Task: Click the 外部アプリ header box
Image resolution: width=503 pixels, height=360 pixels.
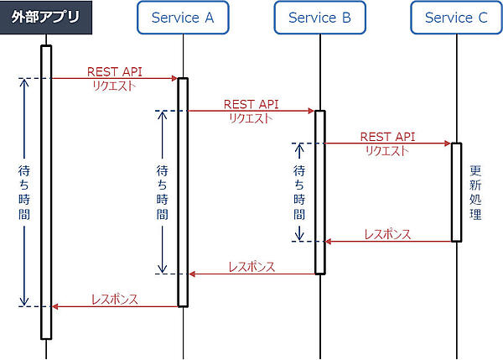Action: pyautogui.click(x=46, y=18)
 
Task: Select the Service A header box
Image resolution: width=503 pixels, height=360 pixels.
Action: pyautogui.click(x=183, y=18)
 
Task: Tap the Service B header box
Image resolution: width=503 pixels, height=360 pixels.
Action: pyautogui.click(x=319, y=18)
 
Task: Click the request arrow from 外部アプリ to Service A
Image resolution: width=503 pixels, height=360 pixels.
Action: pyautogui.click(x=114, y=78)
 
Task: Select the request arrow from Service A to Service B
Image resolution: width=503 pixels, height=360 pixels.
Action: pyautogui.click(x=251, y=111)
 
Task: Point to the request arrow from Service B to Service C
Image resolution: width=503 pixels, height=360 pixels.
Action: pyautogui.click(x=387, y=143)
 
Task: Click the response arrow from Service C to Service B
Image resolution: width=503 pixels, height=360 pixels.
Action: pyautogui.click(x=388, y=242)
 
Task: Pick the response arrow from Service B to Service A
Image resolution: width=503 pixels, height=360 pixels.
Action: pyautogui.click(x=251, y=274)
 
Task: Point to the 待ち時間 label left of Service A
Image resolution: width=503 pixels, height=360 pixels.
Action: pyautogui.click(x=162, y=191)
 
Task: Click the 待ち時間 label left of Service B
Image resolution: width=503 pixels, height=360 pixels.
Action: pyautogui.click(x=299, y=191)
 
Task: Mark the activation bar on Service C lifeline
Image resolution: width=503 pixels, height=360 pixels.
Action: pyautogui.click(x=457, y=192)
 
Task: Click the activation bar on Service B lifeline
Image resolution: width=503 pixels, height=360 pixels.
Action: pyautogui.click(x=319, y=191)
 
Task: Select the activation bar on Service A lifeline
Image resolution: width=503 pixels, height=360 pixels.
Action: pyautogui.click(x=183, y=192)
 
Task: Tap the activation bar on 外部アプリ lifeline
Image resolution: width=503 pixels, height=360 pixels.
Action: pyautogui.click(x=46, y=192)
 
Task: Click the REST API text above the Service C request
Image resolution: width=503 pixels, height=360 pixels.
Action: pyautogui.click(x=387, y=136)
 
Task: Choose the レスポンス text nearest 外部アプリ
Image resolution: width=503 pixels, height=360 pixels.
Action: pyautogui.click(x=115, y=299)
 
